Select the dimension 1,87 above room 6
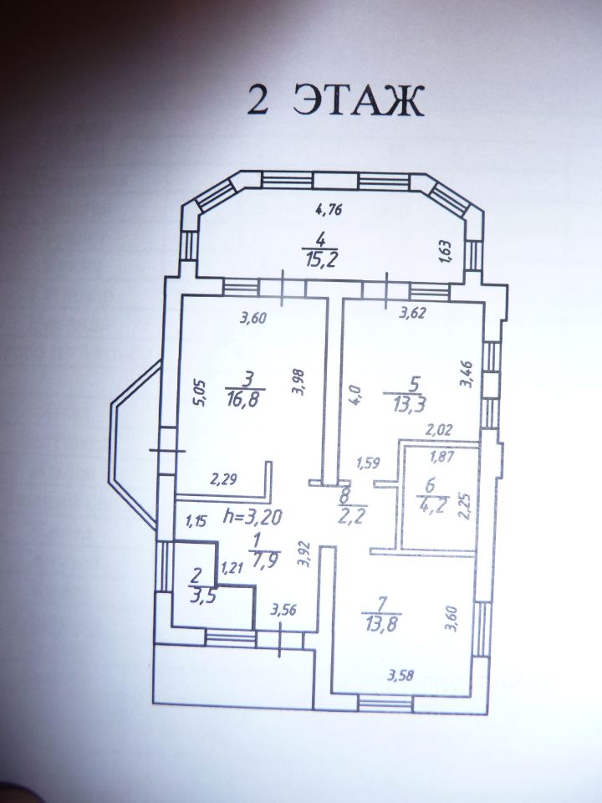(x=442, y=457)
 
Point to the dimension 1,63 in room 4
(x=446, y=250)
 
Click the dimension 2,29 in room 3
(x=223, y=479)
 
